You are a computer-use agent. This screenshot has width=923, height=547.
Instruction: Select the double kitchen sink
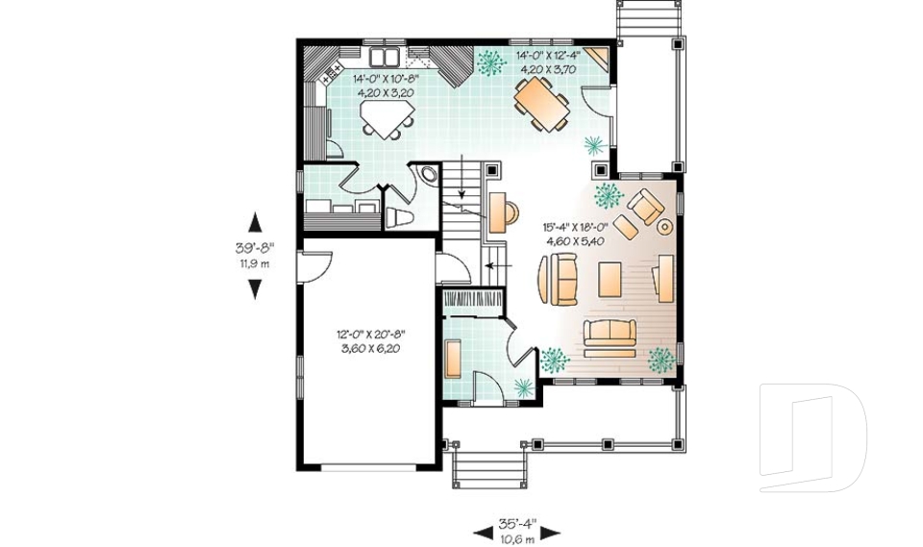[386, 56]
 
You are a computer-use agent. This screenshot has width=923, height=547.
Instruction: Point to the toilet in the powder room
[398, 215]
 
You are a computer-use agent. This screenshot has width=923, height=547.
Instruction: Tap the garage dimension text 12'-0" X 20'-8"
[371, 335]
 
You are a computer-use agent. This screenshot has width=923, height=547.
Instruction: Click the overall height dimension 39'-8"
[254, 248]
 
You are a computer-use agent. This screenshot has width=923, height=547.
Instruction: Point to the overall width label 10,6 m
[517, 538]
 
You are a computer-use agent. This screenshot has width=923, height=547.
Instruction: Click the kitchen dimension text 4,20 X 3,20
[384, 93]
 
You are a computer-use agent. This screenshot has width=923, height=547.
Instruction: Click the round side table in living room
[664, 227]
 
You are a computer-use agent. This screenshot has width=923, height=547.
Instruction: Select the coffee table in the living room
[611, 279]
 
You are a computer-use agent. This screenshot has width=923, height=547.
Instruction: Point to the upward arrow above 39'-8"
[254, 223]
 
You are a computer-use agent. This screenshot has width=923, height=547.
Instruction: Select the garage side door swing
[315, 263]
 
